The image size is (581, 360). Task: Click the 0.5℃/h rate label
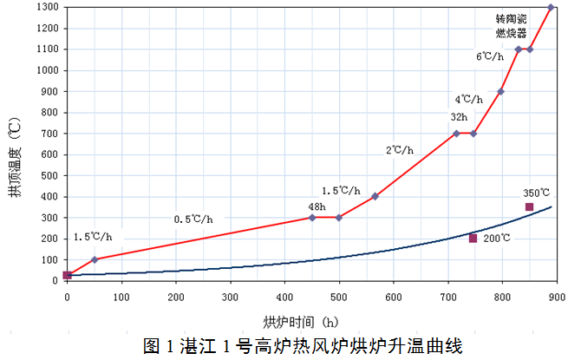[193, 219]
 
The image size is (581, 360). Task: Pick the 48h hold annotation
[316, 206]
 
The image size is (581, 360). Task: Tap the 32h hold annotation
[459, 117]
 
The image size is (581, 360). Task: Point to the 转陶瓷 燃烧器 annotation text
[512, 25]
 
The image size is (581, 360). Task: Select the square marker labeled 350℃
[529, 206]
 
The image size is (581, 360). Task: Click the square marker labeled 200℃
[473, 238]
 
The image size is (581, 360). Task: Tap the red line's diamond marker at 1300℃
[552, 7]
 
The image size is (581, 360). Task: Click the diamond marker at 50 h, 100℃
[95, 259]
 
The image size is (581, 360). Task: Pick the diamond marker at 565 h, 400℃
[375, 196]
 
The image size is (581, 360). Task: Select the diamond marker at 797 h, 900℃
[500, 91]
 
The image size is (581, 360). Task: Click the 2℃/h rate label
[400, 150]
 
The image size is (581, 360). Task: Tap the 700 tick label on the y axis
[49, 134]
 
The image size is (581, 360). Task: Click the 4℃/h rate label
[469, 100]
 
